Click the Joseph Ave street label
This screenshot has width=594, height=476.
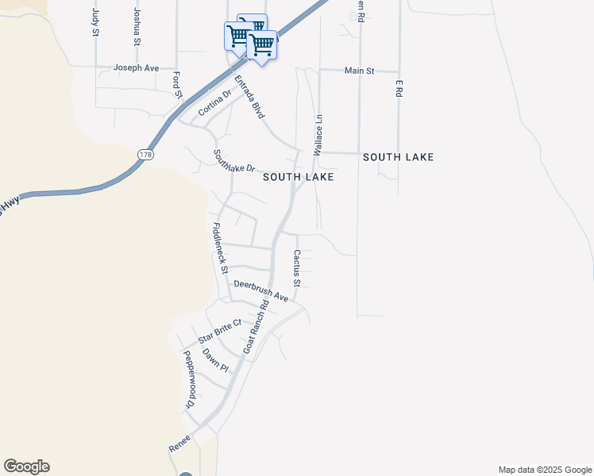tap(136, 68)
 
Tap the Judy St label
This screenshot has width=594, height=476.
tap(95, 22)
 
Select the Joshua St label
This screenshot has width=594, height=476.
tap(137, 26)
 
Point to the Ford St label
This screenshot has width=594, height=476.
tap(178, 86)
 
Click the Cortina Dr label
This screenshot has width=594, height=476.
tap(214, 103)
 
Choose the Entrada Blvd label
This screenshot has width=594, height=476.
tap(249, 97)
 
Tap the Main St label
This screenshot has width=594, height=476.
tap(359, 71)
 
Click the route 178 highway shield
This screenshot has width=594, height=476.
tap(144, 155)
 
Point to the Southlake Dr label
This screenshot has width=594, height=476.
tap(234, 161)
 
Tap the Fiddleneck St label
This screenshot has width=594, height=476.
tap(220, 248)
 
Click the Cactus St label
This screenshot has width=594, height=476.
tap(296, 268)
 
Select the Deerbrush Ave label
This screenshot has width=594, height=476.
tap(260, 290)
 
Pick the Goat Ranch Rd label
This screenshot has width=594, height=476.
tap(256, 326)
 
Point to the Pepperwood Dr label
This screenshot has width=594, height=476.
tap(189, 381)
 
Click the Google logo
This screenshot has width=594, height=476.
tap(26, 466)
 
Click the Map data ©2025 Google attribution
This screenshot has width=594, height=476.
tap(545, 470)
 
